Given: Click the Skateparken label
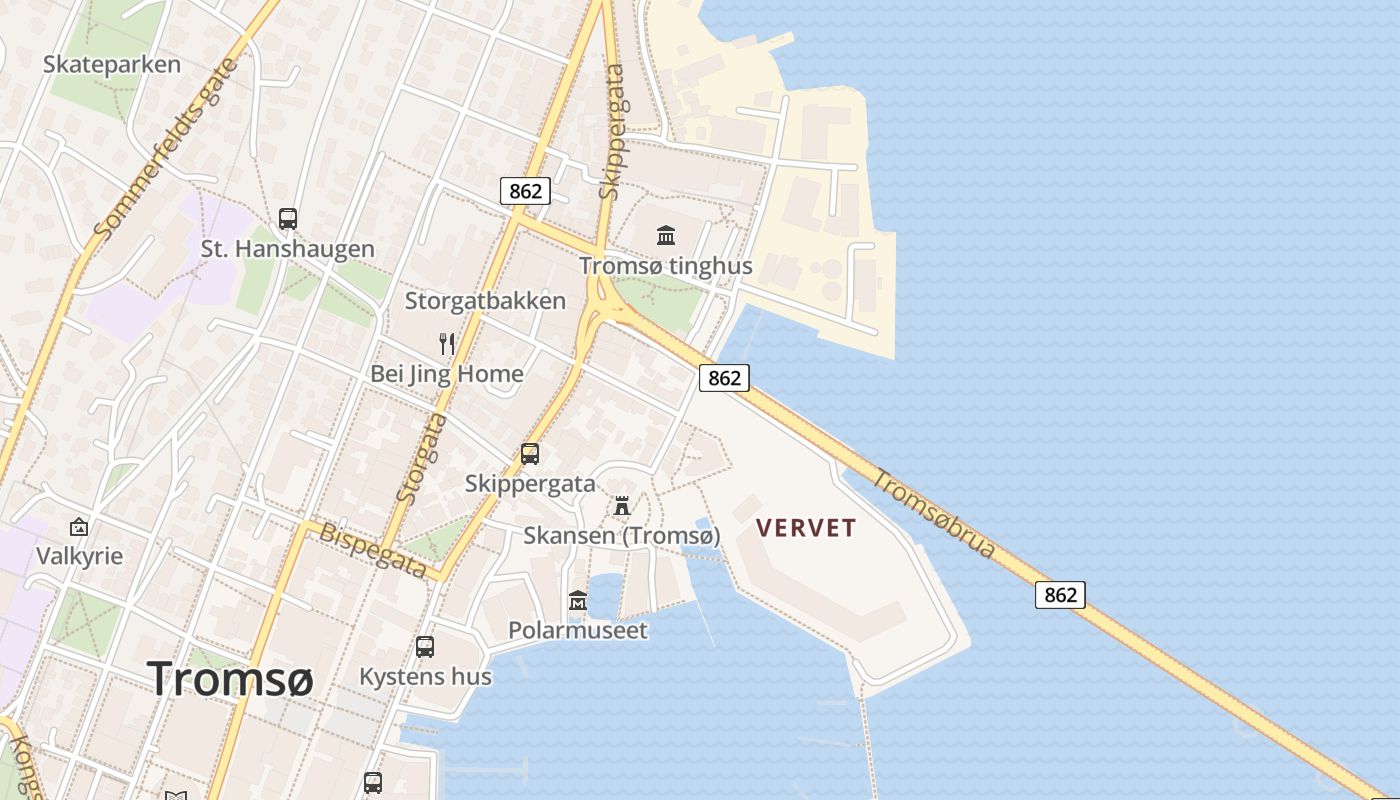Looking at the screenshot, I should tap(112, 65).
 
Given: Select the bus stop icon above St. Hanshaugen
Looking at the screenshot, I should tap(288, 218).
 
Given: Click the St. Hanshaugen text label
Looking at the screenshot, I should tap(288, 249).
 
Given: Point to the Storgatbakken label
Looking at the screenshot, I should tap(485, 301).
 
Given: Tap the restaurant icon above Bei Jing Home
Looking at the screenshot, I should tap(447, 344).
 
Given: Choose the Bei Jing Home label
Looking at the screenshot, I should tap(447, 374).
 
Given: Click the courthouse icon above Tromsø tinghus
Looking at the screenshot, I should tap(666, 236).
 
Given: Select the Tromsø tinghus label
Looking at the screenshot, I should tap(666, 266).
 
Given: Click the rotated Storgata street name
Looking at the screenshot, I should tap(421, 457).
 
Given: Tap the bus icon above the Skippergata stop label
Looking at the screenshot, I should tap(530, 454).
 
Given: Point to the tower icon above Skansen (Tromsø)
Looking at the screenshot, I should tap(622, 506).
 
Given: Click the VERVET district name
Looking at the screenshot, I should tap(806, 528).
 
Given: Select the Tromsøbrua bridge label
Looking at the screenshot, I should tap(934, 513).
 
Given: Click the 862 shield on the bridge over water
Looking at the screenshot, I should tap(1060, 595).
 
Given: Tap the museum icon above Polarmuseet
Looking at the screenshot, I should tap(578, 601).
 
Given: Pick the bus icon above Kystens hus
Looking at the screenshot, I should tap(425, 647).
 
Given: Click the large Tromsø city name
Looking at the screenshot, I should tap(231, 679).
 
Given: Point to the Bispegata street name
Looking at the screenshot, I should tap(373, 549).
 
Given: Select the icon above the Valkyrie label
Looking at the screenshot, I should tap(79, 526).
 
